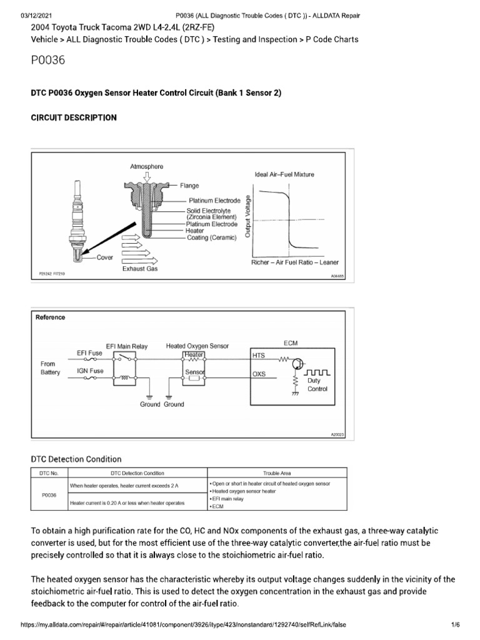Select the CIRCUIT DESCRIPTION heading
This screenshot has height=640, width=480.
[x=74, y=118]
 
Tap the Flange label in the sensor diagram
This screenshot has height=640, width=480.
[x=189, y=186]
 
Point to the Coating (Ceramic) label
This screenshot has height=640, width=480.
[x=212, y=237]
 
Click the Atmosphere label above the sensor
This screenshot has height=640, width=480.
[x=146, y=167]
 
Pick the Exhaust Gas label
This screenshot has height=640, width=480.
[x=140, y=268]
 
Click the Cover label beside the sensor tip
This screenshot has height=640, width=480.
[x=104, y=257]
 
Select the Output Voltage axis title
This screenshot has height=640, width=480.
[x=249, y=216]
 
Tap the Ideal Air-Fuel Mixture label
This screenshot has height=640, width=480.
[x=284, y=174]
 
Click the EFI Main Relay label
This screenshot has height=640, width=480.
[x=127, y=346]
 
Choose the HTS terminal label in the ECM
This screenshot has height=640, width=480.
[x=259, y=355]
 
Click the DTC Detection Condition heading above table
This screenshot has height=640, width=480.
[x=76, y=459]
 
